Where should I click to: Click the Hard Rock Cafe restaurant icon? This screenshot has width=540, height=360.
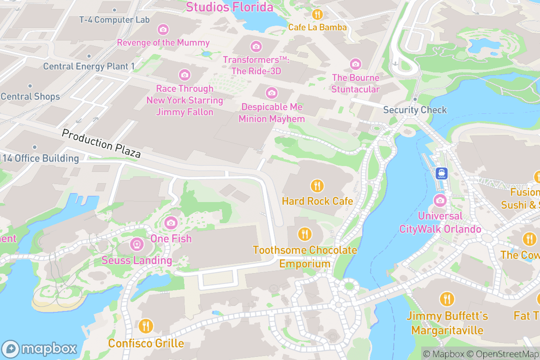click(317, 185)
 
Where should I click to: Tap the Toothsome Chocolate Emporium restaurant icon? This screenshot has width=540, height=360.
click(305, 234)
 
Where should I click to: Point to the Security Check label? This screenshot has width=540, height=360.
click(415, 110)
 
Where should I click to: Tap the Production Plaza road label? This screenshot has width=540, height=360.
click(101, 144)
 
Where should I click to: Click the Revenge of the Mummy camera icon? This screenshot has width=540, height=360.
click(163, 30)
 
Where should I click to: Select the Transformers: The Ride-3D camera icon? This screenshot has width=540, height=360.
click(256, 46)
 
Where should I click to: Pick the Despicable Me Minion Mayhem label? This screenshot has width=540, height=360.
click(272, 113)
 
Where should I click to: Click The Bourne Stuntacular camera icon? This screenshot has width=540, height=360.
click(355, 64)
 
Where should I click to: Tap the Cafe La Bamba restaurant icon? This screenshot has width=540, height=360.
click(318, 14)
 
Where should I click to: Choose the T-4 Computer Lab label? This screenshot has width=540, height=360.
click(114, 20)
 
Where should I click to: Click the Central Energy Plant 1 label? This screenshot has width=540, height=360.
click(89, 67)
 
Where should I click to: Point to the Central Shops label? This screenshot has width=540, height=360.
click(30, 96)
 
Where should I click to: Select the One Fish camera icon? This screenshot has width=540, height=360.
click(171, 222)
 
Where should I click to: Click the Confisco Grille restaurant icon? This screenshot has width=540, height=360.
click(146, 326)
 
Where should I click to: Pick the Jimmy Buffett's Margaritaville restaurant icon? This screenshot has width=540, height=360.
click(447, 299)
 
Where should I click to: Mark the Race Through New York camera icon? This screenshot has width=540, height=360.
click(184, 75)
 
